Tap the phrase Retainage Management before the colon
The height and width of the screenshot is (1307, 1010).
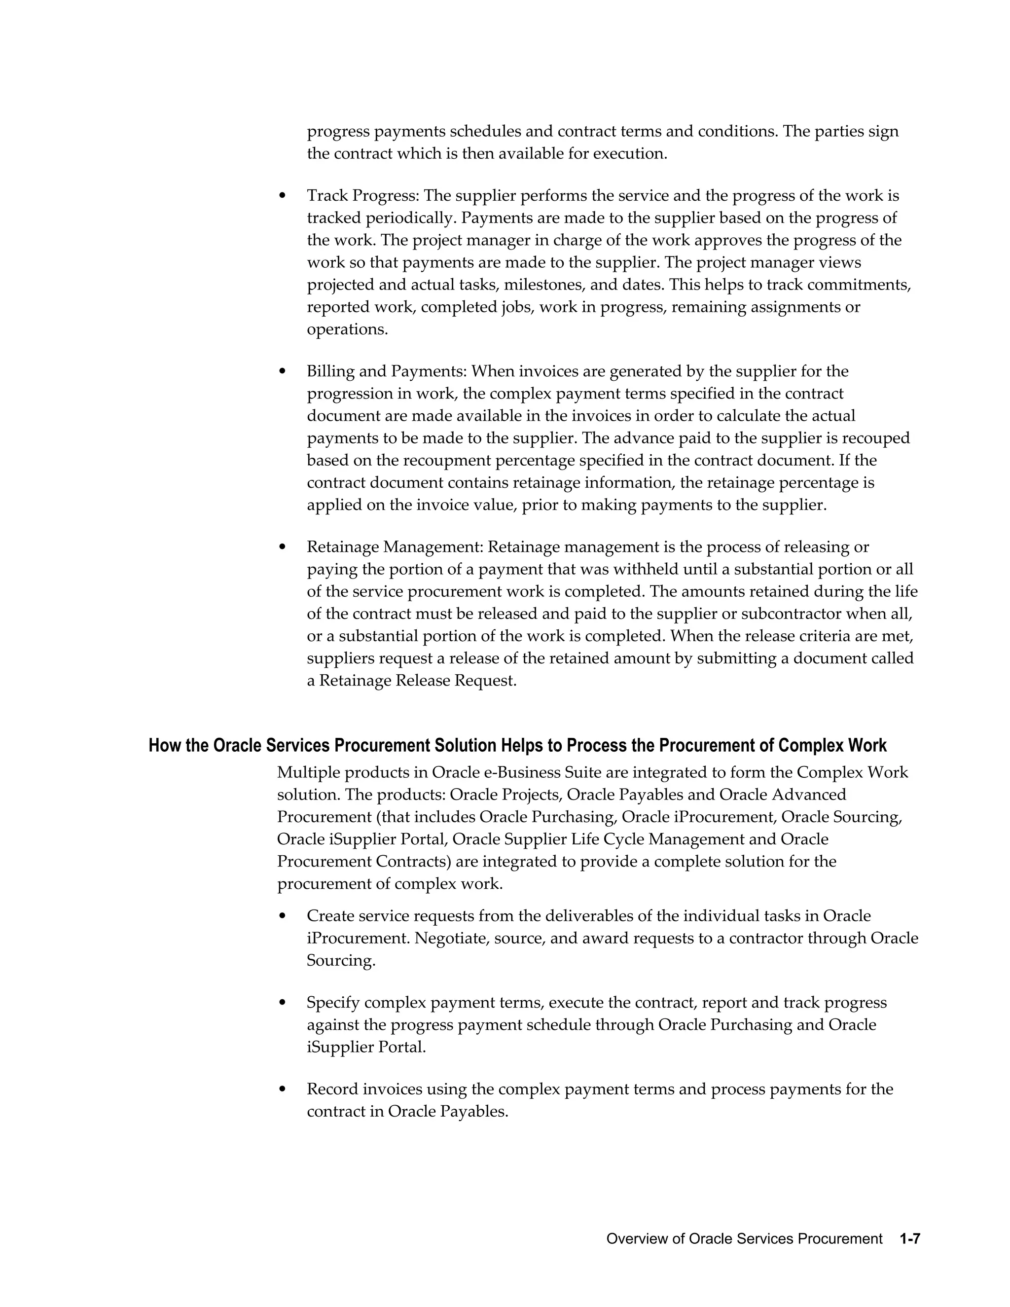point(395,547)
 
